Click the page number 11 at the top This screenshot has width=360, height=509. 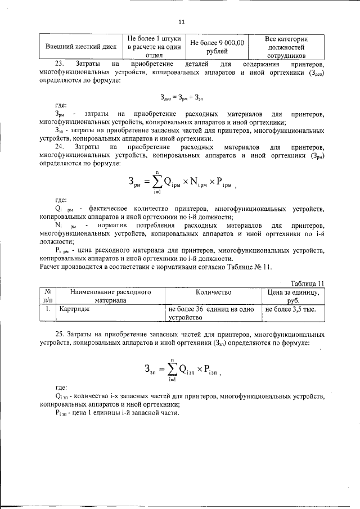(x=181, y=22)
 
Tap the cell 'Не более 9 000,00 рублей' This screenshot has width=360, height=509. (x=217, y=47)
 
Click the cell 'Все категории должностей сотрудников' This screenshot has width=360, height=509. (x=286, y=47)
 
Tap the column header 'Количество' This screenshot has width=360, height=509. (x=214, y=292)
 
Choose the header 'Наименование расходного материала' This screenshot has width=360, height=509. (x=103, y=296)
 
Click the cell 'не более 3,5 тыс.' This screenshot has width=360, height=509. (x=290, y=309)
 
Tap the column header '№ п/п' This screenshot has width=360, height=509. (x=48, y=296)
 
